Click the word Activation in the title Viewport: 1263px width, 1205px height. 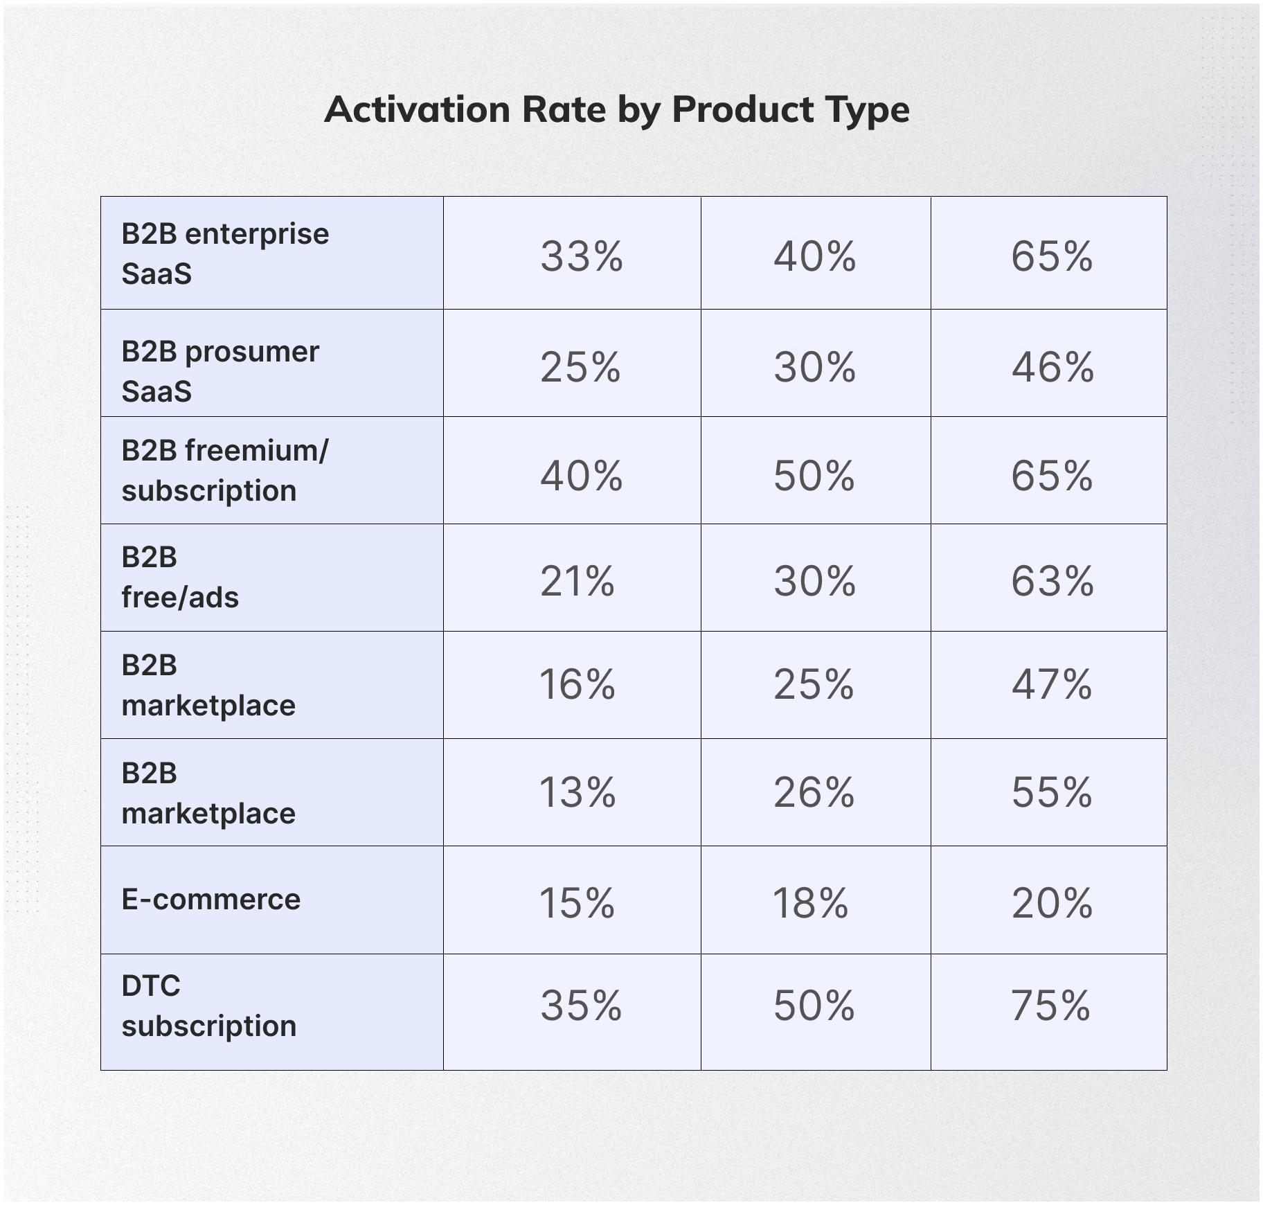418,109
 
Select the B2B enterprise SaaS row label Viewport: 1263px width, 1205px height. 225,253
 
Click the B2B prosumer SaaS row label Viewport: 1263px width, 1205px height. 220,371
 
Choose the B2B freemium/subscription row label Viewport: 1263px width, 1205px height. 225,470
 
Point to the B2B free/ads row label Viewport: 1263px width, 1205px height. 180,577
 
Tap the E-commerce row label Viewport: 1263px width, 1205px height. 211,900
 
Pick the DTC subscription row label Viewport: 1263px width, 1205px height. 208,1006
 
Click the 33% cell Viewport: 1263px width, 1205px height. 581,256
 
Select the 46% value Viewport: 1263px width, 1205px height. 1052,367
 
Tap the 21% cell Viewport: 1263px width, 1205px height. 577,581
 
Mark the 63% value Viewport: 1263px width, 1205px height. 1052,581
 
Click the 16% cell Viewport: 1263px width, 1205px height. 577,685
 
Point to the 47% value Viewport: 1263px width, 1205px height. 1052,685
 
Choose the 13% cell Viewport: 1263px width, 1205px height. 577,792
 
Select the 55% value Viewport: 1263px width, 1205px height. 1052,792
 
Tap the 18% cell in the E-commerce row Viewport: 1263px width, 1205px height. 810,904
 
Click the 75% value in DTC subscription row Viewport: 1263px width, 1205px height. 1050,1006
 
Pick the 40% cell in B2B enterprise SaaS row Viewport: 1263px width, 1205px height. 814,256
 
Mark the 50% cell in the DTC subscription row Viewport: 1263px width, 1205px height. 814,1006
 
